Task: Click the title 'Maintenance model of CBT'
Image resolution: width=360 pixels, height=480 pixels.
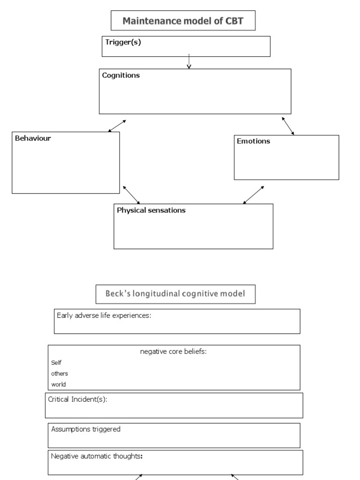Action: tap(183, 21)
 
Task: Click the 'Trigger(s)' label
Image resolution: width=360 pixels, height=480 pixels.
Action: tap(123, 42)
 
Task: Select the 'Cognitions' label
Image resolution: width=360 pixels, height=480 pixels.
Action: tap(121, 75)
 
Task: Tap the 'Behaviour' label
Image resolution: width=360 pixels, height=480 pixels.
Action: tap(33, 138)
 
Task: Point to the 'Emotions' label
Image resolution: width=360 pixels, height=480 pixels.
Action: tap(254, 141)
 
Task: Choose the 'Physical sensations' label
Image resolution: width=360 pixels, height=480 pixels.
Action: tap(151, 210)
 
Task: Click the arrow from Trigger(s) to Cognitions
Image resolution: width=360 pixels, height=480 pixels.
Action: tap(189, 61)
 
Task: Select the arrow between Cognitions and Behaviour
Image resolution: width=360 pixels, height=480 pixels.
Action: tap(117, 126)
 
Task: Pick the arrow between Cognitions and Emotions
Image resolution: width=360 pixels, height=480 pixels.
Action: tap(288, 126)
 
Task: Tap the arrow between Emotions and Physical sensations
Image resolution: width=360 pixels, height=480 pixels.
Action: tap(254, 195)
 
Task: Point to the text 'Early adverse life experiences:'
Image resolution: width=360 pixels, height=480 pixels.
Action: tap(104, 315)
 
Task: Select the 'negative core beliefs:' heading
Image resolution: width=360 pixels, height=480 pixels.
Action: tap(173, 352)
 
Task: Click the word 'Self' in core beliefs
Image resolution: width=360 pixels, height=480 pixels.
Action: tap(56, 363)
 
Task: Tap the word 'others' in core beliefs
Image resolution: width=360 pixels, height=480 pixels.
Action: tap(60, 374)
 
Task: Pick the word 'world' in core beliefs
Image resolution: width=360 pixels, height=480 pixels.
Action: tap(59, 384)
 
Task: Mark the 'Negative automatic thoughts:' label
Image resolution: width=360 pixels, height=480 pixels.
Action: tap(97, 456)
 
